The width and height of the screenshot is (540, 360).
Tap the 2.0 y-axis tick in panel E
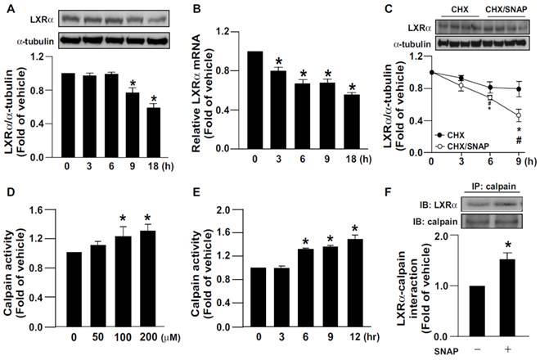coord(230,209)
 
